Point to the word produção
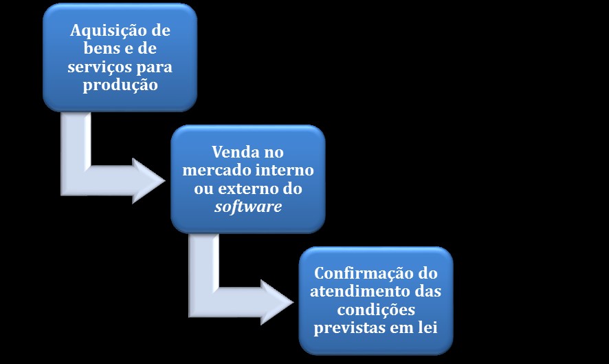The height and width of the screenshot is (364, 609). (120, 85)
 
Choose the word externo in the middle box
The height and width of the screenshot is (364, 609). (242, 189)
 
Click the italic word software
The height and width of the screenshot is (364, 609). (248, 206)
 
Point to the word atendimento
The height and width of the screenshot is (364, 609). (355, 292)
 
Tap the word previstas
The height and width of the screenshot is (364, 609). (350, 328)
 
